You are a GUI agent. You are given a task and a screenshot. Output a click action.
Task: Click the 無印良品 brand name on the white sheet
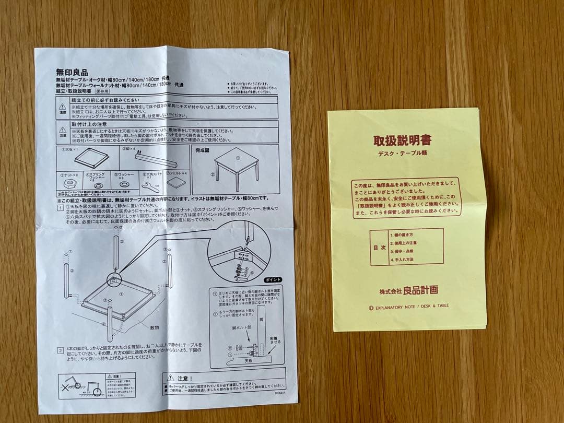click(x=72, y=73)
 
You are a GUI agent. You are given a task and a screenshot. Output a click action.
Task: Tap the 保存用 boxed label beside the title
click(x=102, y=91)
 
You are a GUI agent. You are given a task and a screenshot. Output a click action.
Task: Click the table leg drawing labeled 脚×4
click(x=154, y=159)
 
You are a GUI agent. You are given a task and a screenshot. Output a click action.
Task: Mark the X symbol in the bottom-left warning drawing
click(x=65, y=388)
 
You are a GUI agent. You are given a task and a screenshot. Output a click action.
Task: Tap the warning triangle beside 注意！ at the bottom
click(x=170, y=377)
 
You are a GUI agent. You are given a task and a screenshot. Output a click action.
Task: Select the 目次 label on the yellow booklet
click(x=379, y=247)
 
